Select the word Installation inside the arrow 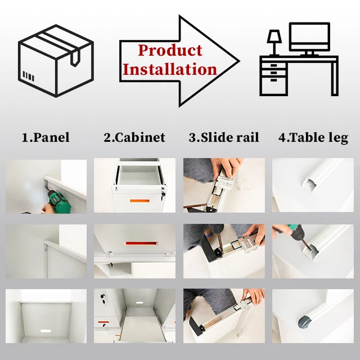[x=169, y=70]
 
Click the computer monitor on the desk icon [x=309, y=38]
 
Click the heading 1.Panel [x=46, y=137]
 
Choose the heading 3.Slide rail [x=223, y=137]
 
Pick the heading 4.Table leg [x=313, y=137]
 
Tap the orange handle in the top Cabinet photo [x=137, y=201]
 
